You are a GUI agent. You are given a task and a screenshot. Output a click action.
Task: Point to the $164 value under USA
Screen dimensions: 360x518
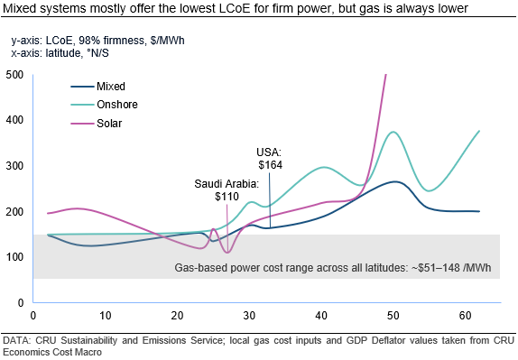coord(270,164)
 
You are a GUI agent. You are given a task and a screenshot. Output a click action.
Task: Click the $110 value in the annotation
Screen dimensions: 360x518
coord(227,196)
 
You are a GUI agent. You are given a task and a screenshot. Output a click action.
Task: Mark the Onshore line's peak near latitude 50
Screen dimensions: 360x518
coord(393,132)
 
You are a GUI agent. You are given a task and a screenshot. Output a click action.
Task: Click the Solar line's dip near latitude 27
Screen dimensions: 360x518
coord(227,252)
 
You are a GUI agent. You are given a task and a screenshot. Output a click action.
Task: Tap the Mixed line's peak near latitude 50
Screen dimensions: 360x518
coord(394,181)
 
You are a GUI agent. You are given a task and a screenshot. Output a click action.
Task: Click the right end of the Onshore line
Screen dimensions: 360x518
coord(479,131)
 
